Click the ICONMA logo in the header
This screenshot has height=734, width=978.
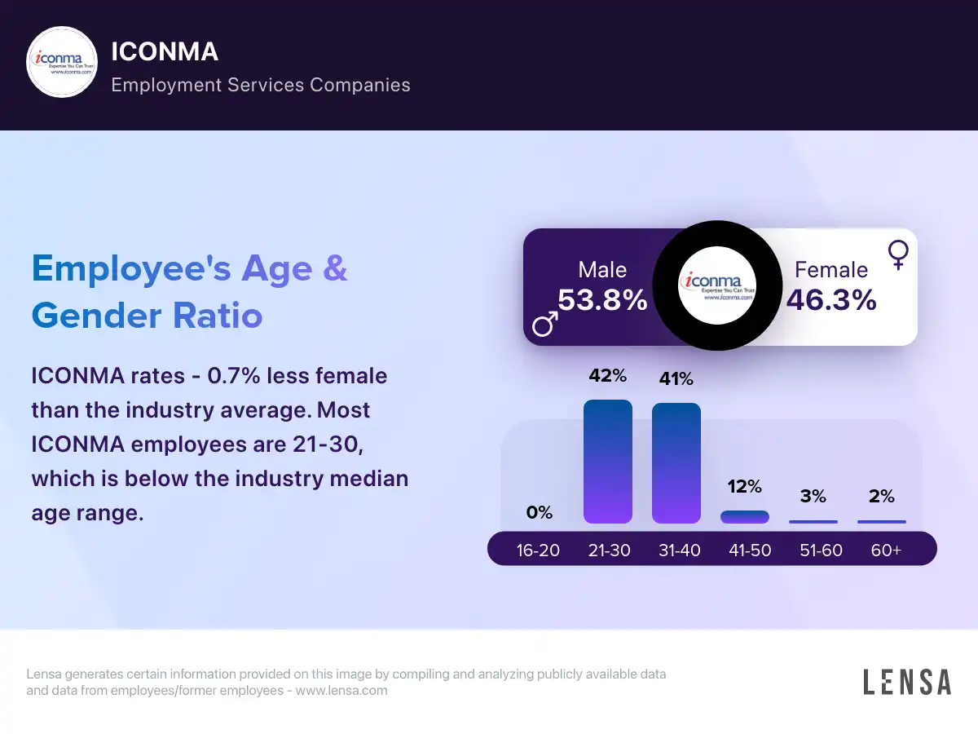point(63,63)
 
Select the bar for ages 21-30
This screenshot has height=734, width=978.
point(608,462)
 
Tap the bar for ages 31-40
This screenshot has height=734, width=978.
point(676,463)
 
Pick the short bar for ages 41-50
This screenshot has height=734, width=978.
point(745,517)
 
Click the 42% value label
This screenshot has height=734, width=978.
point(608,376)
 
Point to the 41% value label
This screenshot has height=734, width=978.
point(676,379)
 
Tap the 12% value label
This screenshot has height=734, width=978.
point(745,487)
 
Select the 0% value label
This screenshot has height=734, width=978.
point(539,513)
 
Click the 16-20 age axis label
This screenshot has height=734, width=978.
point(538,550)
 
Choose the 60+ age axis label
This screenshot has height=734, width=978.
point(886,550)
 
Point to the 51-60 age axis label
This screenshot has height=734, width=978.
point(821,550)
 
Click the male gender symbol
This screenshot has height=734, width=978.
point(545,324)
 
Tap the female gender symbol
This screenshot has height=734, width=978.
point(898,254)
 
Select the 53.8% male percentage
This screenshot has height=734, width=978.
point(602,300)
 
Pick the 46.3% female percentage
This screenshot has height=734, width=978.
point(831,300)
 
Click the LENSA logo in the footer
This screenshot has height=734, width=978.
point(907,682)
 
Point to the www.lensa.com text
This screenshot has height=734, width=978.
point(341,691)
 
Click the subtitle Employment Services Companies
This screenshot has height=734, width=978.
point(261,85)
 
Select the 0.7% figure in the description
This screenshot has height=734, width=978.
point(236,376)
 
